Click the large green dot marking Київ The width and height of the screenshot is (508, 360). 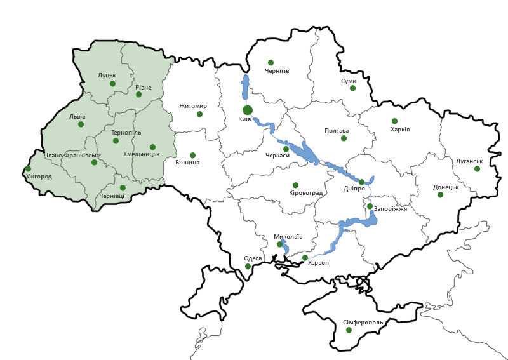[x=248, y=110]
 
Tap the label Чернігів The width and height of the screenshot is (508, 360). [x=277, y=71]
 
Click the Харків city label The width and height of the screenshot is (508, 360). [x=400, y=130]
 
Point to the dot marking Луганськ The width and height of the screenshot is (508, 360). [x=477, y=168]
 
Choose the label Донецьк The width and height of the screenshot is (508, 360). [x=446, y=187]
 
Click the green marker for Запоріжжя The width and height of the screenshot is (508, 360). [x=370, y=206]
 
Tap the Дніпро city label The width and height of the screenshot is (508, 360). [x=354, y=189]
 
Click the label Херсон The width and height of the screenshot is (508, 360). [x=318, y=262]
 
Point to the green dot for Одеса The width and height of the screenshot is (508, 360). [x=248, y=266]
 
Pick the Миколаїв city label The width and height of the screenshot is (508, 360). [x=288, y=236]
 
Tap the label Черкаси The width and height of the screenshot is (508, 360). [x=277, y=156]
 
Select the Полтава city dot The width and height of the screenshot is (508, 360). [x=344, y=138]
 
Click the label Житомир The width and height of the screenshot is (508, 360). [x=193, y=106]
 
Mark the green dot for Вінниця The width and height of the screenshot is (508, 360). [x=192, y=155]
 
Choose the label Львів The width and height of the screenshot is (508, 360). [x=77, y=117]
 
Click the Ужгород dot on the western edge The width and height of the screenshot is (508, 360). [x=28, y=169]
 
